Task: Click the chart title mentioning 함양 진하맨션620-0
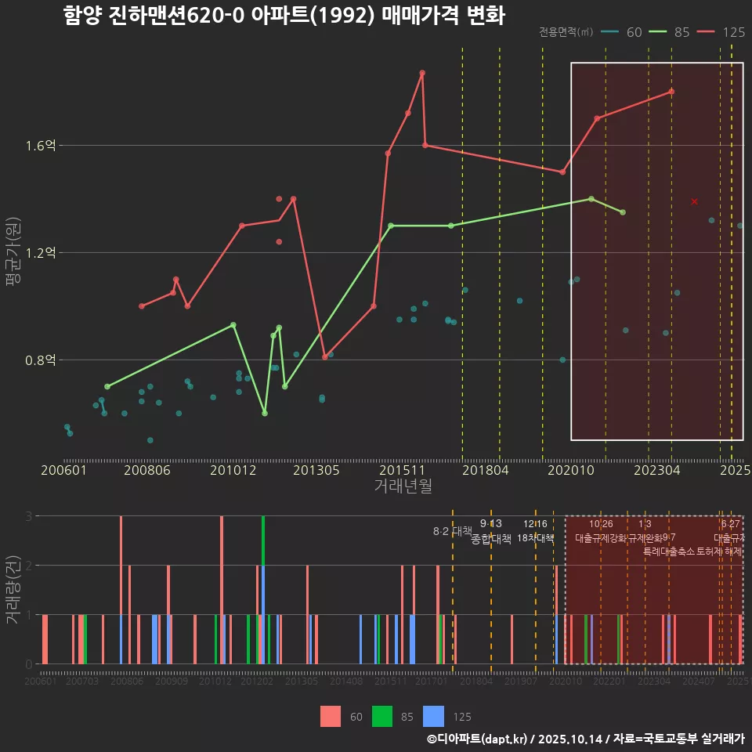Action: (x=284, y=16)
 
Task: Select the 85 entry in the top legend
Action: (x=672, y=32)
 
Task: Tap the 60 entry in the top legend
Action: (x=624, y=32)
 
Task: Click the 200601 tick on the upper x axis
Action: (x=63, y=470)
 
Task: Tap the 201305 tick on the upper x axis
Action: (x=317, y=470)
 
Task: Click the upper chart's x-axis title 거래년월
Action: (x=403, y=486)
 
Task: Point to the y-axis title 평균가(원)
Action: (x=13, y=266)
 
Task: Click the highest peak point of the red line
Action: (x=422, y=73)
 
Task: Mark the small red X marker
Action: (x=694, y=202)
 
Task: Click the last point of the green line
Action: (x=623, y=212)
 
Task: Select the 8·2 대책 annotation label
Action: (x=447, y=531)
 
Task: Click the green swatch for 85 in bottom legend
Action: (x=381, y=716)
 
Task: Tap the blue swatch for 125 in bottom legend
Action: (x=433, y=716)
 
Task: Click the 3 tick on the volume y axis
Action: (x=28, y=516)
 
